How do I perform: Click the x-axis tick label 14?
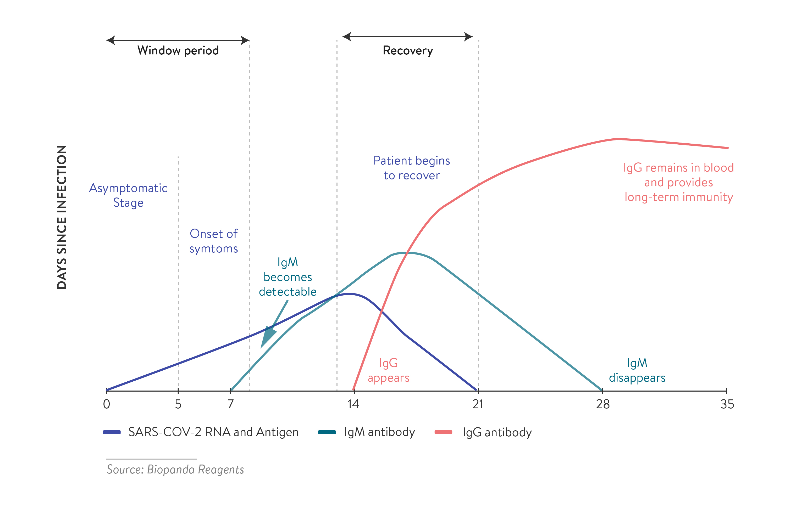(353, 404)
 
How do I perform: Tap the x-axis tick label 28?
(603, 404)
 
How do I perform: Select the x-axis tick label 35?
(727, 404)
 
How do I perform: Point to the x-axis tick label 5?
(178, 404)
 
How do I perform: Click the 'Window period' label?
(178, 50)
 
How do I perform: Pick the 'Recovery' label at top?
(408, 50)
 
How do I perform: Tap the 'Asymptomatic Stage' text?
(128, 195)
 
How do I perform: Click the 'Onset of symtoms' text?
(214, 241)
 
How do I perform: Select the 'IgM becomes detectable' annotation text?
(288, 277)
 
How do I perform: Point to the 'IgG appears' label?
(388, 370)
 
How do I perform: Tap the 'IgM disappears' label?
(637, 370)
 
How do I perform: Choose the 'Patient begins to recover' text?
(412, 168)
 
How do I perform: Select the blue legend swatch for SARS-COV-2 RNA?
(112, 432)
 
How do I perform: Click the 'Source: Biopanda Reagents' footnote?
(175, 470)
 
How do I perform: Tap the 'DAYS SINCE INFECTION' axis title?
(62, 217)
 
